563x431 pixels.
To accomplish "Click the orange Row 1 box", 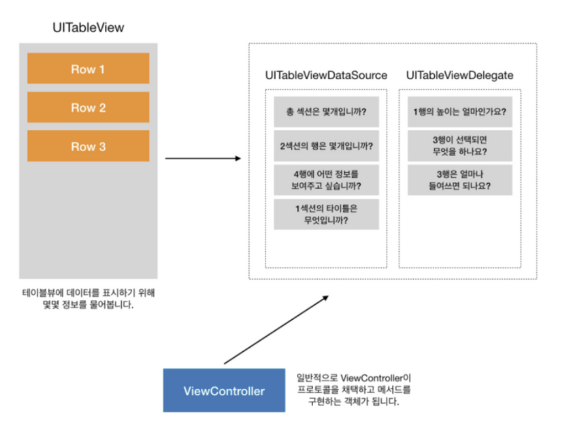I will [x=88, y=68].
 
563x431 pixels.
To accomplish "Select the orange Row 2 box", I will [x=88, y=107].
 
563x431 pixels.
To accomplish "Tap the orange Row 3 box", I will [x=88, y=146].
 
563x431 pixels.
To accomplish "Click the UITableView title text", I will [x=88, y=28].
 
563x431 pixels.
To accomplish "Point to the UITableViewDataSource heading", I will [x=326, y=76].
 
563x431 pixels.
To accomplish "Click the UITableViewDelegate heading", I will [x=460, y=76].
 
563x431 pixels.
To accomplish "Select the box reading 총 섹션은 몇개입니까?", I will [x=326, y=112].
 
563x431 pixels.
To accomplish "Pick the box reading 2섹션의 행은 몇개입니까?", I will [x=326, y=145].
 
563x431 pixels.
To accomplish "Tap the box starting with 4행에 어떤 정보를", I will [x=326, y=180].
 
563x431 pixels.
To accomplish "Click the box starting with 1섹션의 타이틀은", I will [x=326, y=214].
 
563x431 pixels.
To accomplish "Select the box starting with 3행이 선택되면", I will [x=460, y=145].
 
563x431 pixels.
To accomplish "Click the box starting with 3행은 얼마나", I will [x=460, y=180].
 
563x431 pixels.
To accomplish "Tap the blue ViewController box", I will [x=224, y=391].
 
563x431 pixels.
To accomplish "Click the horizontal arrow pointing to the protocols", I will [x=202, y=159].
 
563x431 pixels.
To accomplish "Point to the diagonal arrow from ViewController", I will [x=276, y=329].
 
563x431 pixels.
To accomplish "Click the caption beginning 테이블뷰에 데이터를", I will [x=88, y=300].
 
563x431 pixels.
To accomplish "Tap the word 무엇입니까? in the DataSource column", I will [x=326, y=221].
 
